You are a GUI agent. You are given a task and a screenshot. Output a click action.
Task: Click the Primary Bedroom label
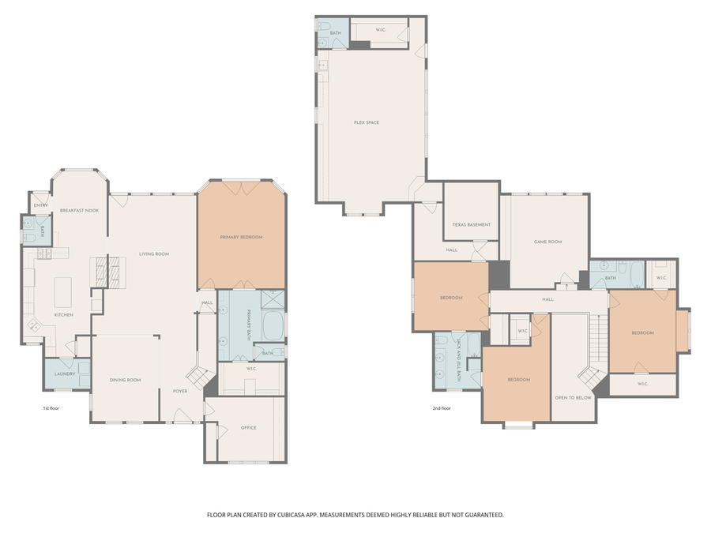tap(241, 237)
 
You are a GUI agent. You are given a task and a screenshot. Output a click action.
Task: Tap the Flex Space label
tap(366, 122)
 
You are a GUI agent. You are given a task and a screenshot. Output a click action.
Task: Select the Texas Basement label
tap(471, 224)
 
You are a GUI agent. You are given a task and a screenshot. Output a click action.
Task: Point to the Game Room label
tap(547, 242)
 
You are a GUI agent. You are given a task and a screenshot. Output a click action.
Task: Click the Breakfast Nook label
tap(79, 210)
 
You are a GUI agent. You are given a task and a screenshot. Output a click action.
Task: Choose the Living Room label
tap(154, 253)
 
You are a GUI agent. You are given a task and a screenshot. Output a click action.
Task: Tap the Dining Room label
tap(125, 380)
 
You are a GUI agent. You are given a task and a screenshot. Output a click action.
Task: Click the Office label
tap(248, 427)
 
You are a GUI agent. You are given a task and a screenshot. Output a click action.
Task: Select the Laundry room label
tap(64, 373)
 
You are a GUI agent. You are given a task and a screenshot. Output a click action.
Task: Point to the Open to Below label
tap(573, 397)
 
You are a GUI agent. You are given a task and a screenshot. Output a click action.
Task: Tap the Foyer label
tap(180, 391)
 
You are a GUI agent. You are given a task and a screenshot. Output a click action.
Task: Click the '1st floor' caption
tap(51, 408)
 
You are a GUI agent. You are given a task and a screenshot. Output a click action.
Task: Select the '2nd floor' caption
tap(442, 408)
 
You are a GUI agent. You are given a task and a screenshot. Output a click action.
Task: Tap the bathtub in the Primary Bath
tap(273, 325)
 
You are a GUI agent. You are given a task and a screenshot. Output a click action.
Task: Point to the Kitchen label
tap(63, 314)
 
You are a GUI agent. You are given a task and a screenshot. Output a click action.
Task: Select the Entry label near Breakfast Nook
tap(40, 205)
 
